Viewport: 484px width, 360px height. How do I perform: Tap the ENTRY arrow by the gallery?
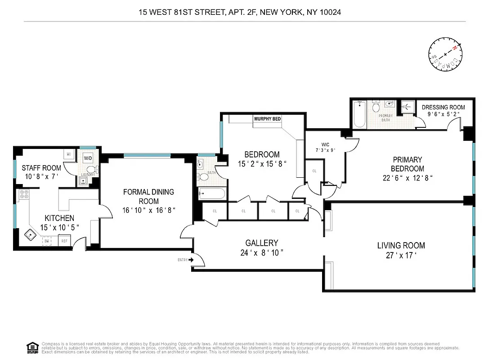click(x=192, y=260)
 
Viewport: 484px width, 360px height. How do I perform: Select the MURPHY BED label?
click(x=267, y=119)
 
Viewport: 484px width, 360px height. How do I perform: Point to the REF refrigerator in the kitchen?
click(x=64, y=241)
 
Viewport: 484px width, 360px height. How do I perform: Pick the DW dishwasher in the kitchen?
click(x=47, y=241)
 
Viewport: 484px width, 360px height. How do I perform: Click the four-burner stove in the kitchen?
click(x=24, y=195)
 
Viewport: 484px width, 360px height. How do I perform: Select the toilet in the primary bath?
click(x=376, y=107)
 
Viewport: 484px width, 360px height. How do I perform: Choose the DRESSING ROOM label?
click(x=443, y=107)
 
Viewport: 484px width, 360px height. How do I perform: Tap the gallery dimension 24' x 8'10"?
click(x=262, y=253)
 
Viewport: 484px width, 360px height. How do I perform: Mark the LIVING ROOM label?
click(x=401, y=246)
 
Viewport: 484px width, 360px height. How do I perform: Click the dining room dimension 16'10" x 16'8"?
click(x=148, y=210)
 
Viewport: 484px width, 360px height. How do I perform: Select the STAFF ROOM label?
click(x=41, y=168)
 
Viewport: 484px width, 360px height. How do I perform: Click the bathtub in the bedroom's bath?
click(x=211, y=195)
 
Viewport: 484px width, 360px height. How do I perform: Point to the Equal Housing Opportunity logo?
click(x=32, y=347)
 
